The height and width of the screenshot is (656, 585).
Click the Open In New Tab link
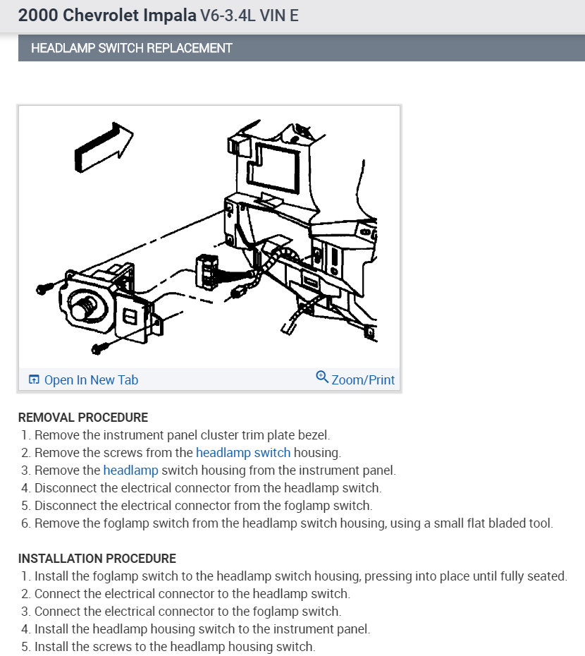90,379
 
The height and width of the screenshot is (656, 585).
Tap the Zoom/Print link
362,379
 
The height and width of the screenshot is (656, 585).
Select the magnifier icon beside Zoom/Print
322,377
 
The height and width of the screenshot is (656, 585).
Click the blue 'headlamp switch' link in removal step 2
243,453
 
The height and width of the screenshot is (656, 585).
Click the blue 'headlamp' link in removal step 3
130,470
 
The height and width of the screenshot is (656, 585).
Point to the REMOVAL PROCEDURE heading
82,418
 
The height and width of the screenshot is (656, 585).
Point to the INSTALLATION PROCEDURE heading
97,559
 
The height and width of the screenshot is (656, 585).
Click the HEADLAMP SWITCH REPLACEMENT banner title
131,49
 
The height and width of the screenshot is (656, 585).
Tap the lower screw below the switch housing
101,347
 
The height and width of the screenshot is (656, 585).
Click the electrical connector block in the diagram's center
206,271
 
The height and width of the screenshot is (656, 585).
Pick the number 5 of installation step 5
25,646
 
